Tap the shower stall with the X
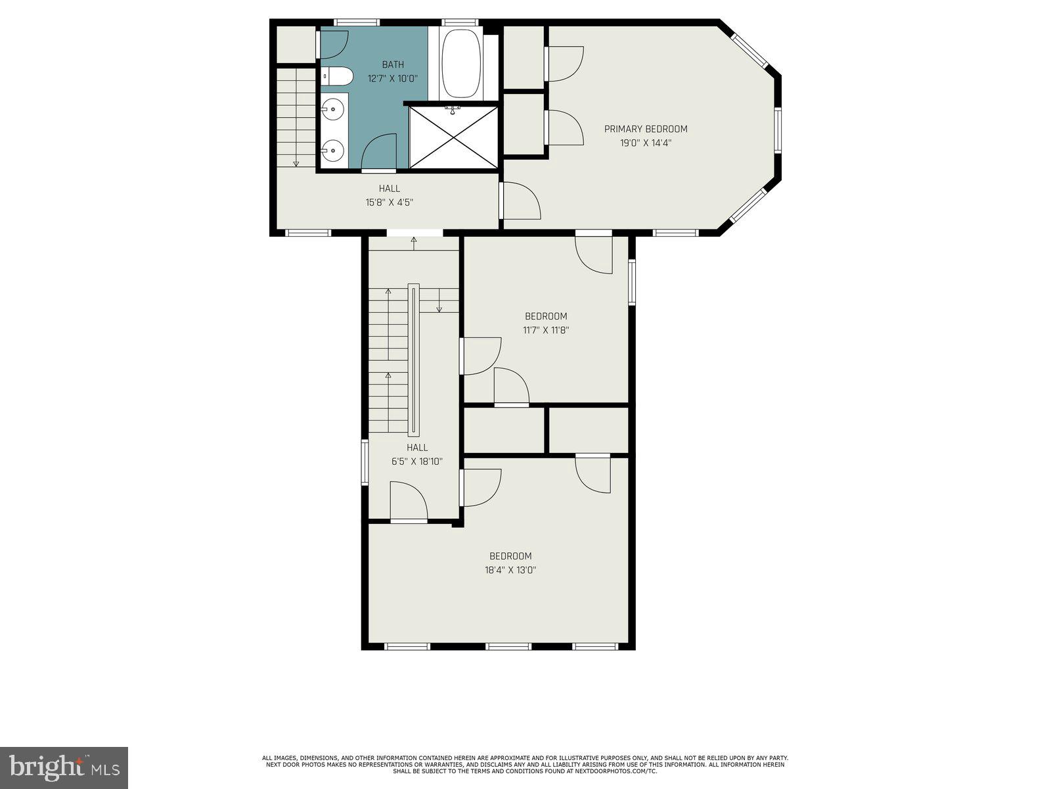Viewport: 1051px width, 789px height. click(453, 137)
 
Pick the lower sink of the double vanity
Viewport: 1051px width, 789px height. click(333, 150)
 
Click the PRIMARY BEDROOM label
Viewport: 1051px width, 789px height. click(646, 129)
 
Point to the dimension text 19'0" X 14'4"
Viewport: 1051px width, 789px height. click(646, 142)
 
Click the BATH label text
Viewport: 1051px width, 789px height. click(393, 64)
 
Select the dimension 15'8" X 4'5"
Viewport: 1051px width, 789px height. click(389, 203)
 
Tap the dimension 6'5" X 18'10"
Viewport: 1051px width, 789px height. click(416, 462)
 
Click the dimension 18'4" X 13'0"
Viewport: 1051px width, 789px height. click(510, 570)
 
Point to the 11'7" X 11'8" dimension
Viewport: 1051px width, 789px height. click(545, 330)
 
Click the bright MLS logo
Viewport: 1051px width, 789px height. click(64, 768)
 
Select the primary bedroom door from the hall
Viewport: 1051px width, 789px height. click(519, 201)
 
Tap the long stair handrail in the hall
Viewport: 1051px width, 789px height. click(413, 360)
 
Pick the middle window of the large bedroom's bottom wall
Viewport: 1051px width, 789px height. click(508, 647)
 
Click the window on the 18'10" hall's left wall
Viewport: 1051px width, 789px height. click(365, 463)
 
